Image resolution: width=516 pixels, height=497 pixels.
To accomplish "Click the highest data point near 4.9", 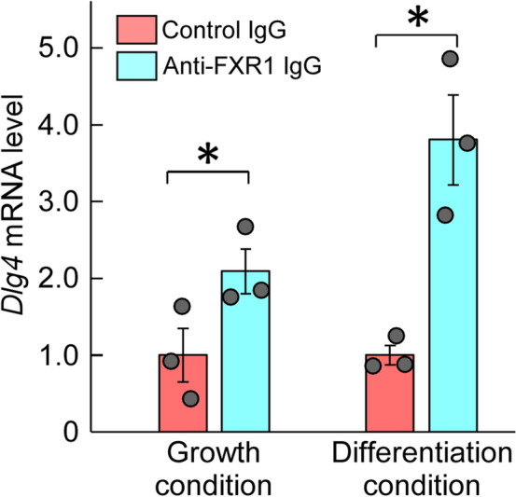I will (450, 59).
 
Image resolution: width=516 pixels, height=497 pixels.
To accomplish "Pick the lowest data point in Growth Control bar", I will (190, 399).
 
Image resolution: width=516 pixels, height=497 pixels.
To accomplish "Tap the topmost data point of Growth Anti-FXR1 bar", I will (245, 227).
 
